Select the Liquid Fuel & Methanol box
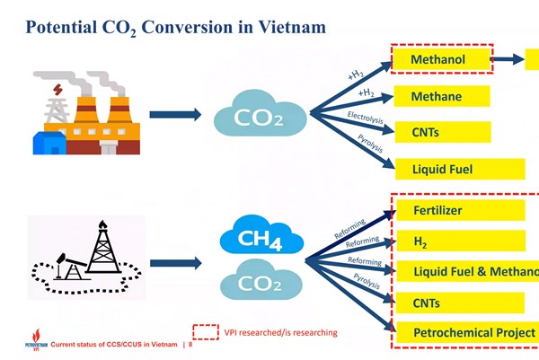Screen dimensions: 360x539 point(467,272)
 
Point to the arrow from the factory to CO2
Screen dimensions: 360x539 point(174,115)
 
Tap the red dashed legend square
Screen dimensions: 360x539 point(207,332)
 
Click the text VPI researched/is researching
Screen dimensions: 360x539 point(280,332)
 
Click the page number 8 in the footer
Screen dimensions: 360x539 point(190,345)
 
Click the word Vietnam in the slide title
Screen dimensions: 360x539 point(286,27)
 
